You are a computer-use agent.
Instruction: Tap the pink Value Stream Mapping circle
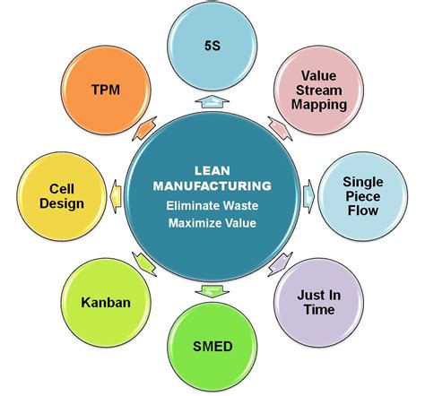point(318,90)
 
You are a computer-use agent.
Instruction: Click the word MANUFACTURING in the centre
point(212,186)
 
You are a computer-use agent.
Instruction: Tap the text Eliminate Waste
point(212,205)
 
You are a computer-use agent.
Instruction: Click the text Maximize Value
point(212,222)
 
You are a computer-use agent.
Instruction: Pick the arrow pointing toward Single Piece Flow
point(308,192)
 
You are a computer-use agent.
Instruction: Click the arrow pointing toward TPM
point(142,131)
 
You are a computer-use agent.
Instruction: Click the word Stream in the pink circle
point(318,90)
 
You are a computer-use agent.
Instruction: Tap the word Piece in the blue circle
point(362,195)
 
